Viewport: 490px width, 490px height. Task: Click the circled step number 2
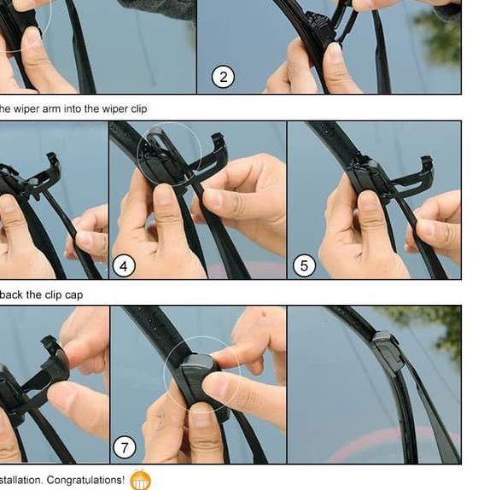[223, 78]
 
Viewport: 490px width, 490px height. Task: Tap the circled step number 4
[123, 266]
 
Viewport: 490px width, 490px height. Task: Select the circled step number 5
[303, 266]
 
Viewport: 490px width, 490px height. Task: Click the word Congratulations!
[85, 480]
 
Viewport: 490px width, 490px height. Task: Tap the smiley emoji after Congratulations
[140, 480]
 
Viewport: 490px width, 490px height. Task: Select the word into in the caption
[77, 108]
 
